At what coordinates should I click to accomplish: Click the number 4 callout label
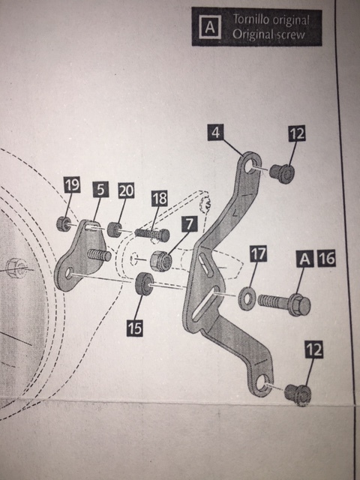point(215,133)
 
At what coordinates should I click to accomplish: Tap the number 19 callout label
point(72,185)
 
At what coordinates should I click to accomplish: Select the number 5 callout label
point(100,189)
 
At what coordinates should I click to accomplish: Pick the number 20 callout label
point(126,190)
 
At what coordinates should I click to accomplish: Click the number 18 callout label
point(160,198)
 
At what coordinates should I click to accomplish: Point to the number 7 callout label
point(190,223)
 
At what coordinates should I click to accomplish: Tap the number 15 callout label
point(135,328)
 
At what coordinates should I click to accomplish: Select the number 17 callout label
point(258,253)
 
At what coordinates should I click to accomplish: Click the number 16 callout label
point(327,258)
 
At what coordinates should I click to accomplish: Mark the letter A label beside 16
point(304,259)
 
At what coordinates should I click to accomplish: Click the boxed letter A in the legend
point(210,27)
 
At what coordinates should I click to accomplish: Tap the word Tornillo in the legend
point(250,19)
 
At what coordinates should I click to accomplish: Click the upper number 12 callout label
point(297,133)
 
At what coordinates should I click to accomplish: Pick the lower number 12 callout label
point(313,349)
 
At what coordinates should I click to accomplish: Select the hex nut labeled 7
point(161,261)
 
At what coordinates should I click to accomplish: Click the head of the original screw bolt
point(299,304)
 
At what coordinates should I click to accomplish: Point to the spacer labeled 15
point(144,284)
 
